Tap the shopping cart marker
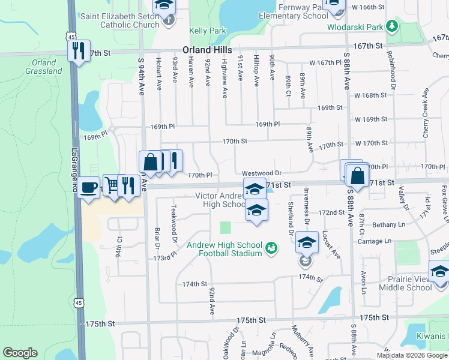112,185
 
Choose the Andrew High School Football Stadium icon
271,247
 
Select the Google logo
20,353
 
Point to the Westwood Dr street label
262,173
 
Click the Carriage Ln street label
375,241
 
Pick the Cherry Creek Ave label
426,114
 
